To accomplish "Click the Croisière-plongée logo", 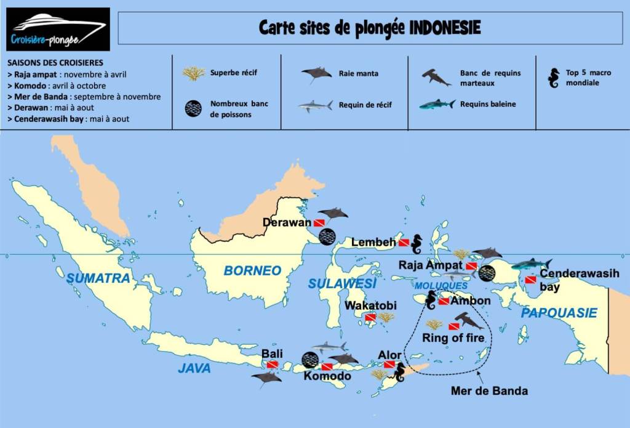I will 58,29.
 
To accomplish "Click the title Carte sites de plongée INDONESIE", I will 370,28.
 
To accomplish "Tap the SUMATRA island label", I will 98,278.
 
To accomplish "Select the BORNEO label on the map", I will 252,270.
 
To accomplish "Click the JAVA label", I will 194,368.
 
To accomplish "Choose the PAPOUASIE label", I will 559,313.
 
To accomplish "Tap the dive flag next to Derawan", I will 319,222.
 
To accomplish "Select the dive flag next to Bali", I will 272,365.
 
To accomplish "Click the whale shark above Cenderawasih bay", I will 532,264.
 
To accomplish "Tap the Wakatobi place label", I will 370,305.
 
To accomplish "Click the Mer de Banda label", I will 489,390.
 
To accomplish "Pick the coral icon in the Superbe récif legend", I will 194,74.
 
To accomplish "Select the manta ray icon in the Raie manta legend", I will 317,75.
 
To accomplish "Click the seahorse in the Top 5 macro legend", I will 554,78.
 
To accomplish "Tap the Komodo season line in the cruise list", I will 57,86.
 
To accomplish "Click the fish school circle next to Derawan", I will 327,236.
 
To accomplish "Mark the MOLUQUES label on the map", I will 441,286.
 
